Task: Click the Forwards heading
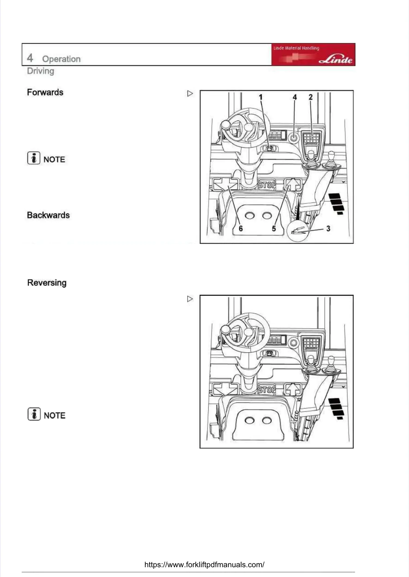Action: point(45,92)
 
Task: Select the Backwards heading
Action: point(48,215)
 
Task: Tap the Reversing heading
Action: point(47,283)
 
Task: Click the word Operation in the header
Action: point(61,59)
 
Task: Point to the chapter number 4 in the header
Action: point(30,58)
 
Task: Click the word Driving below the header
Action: point(41,71)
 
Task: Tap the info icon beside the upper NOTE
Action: point(34,158)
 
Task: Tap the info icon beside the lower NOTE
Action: point(34,414)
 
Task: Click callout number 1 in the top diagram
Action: point(261,97)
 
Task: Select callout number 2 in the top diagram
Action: point(311,97)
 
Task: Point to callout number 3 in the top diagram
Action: point(328,228)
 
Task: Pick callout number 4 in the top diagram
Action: point(295,97)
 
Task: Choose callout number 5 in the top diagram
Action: point(274,228)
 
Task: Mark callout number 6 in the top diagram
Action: point(240,228)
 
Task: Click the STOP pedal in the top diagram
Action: point(267,185)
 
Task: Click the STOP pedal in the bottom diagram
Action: point(267,389)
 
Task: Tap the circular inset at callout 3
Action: point(298,231)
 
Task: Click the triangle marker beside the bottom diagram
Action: point(190,299)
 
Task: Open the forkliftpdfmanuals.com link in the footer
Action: point(204,564)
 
